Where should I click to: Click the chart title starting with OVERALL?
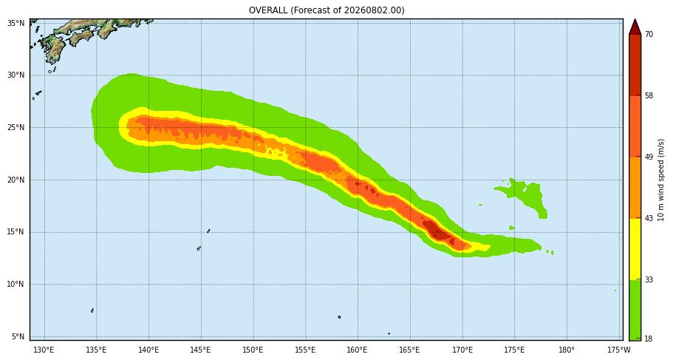327,10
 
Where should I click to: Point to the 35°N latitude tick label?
16,23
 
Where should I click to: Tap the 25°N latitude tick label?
16,128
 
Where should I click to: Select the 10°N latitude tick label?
16,285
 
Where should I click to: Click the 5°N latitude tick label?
18,337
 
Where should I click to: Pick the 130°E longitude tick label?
44,349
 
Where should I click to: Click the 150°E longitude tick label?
253,349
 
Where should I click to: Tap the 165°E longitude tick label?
409,349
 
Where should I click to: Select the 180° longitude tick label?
567,349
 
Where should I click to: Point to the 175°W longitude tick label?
619,349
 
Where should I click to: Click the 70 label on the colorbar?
649,34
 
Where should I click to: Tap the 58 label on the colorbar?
649,96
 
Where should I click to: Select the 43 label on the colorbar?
649,219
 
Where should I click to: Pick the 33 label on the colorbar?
649,280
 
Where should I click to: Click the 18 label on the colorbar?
649,339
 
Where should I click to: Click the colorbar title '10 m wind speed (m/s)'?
661,180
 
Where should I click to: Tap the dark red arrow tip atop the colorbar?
635,20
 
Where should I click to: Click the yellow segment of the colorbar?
635,249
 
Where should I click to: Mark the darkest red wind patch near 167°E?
436,230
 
